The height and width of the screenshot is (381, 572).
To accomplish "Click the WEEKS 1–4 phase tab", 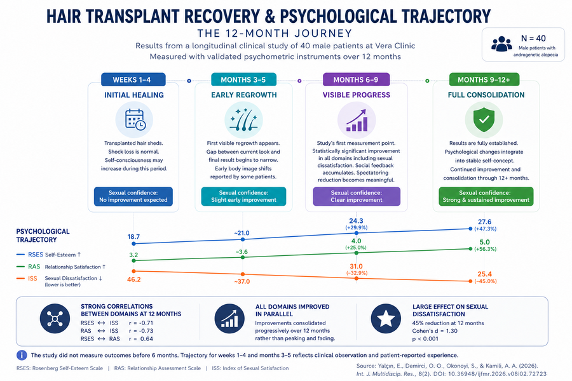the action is tap(133, 79).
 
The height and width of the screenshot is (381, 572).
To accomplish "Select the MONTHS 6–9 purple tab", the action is tap(356, 79).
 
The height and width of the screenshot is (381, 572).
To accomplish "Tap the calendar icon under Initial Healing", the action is tap(135, 119).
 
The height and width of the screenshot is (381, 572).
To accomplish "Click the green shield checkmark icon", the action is tap(484, 119).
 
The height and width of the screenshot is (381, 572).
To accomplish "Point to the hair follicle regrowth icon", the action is tap(243, 119).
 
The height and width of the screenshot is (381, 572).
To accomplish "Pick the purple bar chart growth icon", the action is tap(357, 120).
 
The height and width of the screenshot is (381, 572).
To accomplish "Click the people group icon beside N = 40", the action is tap(501, 44).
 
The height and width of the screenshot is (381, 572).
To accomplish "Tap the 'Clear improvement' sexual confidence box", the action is tap(357, 196).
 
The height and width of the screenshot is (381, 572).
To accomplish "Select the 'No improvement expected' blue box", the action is tap(133, 196).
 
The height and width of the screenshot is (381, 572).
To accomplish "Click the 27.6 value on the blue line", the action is tap(484, 222).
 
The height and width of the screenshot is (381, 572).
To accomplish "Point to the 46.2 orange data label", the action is tap(134, 279).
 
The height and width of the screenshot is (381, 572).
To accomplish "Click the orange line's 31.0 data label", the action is tap(356, 267).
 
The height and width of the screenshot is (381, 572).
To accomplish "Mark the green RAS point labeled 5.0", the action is tap(470, 249).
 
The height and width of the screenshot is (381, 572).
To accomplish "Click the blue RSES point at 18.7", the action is tap(133, 244).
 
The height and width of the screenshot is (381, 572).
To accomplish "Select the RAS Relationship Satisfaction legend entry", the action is tap(61, 267).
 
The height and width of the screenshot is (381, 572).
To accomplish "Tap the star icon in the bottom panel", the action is tap(386, 319).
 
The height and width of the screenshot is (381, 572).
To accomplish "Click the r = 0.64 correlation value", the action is tap(141, 338).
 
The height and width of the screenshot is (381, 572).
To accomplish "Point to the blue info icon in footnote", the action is tap(22, 355).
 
